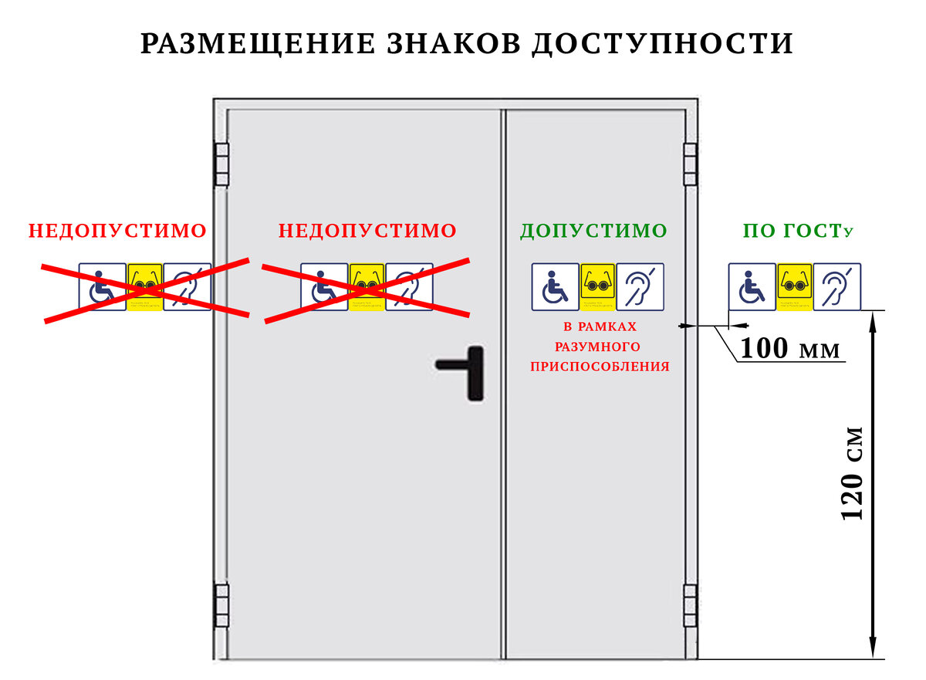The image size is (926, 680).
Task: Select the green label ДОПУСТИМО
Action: click(593, 231)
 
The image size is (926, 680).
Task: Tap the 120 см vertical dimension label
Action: click(852, 472)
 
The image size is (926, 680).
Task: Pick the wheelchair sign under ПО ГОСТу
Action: click(752, 287)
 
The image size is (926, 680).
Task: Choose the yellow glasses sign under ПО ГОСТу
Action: click(794, 287)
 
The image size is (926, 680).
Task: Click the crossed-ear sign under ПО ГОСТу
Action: click(836, 287)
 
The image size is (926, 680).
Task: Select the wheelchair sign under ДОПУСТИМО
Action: click(555, 287)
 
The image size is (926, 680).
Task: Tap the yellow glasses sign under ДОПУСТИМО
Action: click(597, 287)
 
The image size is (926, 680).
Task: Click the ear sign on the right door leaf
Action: click(640, 287)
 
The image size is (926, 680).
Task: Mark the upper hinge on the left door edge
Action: click(221, 164)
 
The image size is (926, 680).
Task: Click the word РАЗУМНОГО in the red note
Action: click(598, 347)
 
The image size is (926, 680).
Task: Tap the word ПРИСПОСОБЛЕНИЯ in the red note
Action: click(600, 367)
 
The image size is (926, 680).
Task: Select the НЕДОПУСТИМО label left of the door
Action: click(117, 231)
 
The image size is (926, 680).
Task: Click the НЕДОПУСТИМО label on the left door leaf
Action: click(367, 231)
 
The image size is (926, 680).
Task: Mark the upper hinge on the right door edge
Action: click(690, 164)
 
